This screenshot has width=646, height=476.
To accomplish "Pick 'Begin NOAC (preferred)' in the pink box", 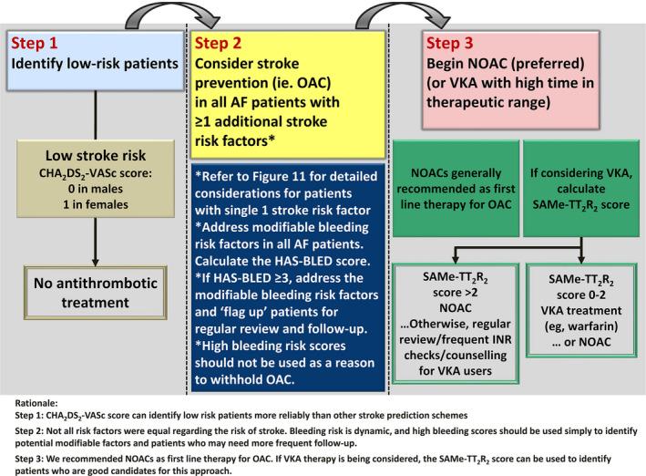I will (x=515, y=65).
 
